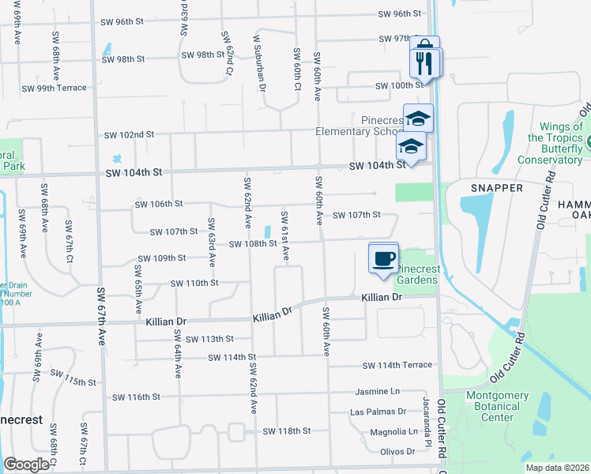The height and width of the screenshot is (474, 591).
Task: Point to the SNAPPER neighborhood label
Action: click(x=496, y=188)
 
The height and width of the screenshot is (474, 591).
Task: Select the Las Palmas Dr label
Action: click(x=378, y=412)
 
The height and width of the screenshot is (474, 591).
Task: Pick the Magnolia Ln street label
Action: click(x=393, y=432)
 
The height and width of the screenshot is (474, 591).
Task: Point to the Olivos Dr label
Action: click(x=397, y=451)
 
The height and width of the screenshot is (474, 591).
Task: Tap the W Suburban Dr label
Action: click(x=258, y=65)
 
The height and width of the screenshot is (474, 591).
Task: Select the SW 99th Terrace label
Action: click(x=54, y=88)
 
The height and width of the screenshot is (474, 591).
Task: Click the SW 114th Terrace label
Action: click(x=397, y=365)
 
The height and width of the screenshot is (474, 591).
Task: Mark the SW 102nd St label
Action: click(x=128, y=135)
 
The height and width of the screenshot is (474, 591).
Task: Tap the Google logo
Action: click(x=26, y=465)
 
